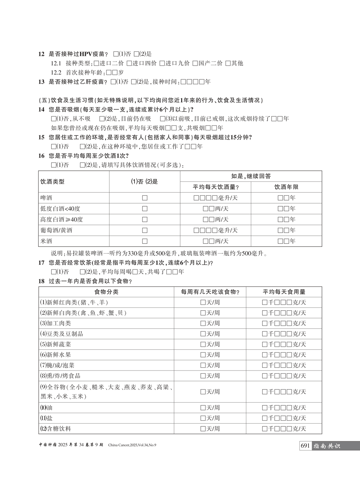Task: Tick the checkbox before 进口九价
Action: (x=162, y=63)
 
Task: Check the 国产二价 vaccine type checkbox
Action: (x=195, y=63)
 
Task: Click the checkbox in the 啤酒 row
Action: (x=145, y=198)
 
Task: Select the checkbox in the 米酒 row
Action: (x=145, y=241)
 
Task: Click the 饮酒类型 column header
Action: (x=52, y=182)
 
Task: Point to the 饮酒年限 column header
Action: (x=286, y=187)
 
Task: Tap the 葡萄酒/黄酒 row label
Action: (x=56, y=230)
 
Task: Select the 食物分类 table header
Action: (x=106, y=292)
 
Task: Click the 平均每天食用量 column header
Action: (x=284, y=292)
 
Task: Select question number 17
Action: (x=41, y=262)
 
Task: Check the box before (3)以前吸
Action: (x=162, y=119)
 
